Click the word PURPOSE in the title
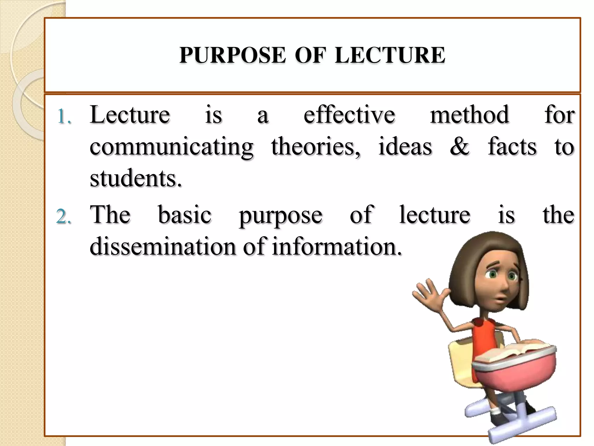click(232, 55)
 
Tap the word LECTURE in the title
click(390, 55)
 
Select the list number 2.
click(64, 217)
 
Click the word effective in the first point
click(349, 115)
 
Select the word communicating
click(171, 147)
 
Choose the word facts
click(512, 146)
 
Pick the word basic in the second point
click(185, 215)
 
